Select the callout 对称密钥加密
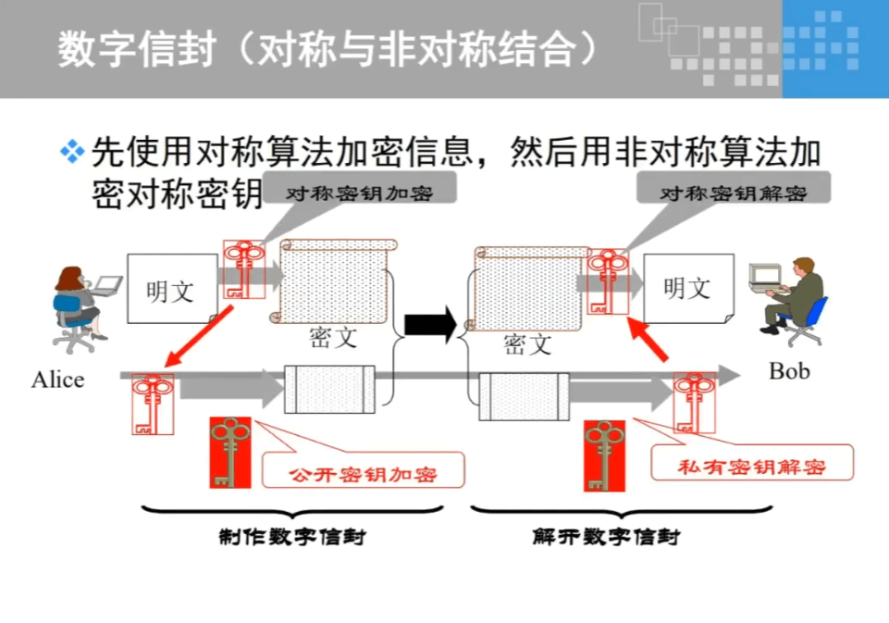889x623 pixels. [359, 193]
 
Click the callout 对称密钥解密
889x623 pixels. [733, 194]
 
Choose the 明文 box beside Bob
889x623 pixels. [686, 288]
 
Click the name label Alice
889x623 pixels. [57, 380]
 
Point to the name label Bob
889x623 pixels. [789, 371]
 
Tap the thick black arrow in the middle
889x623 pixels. [430, 324]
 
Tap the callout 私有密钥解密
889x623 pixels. [750, 464]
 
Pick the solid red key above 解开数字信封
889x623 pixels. [604, 455]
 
